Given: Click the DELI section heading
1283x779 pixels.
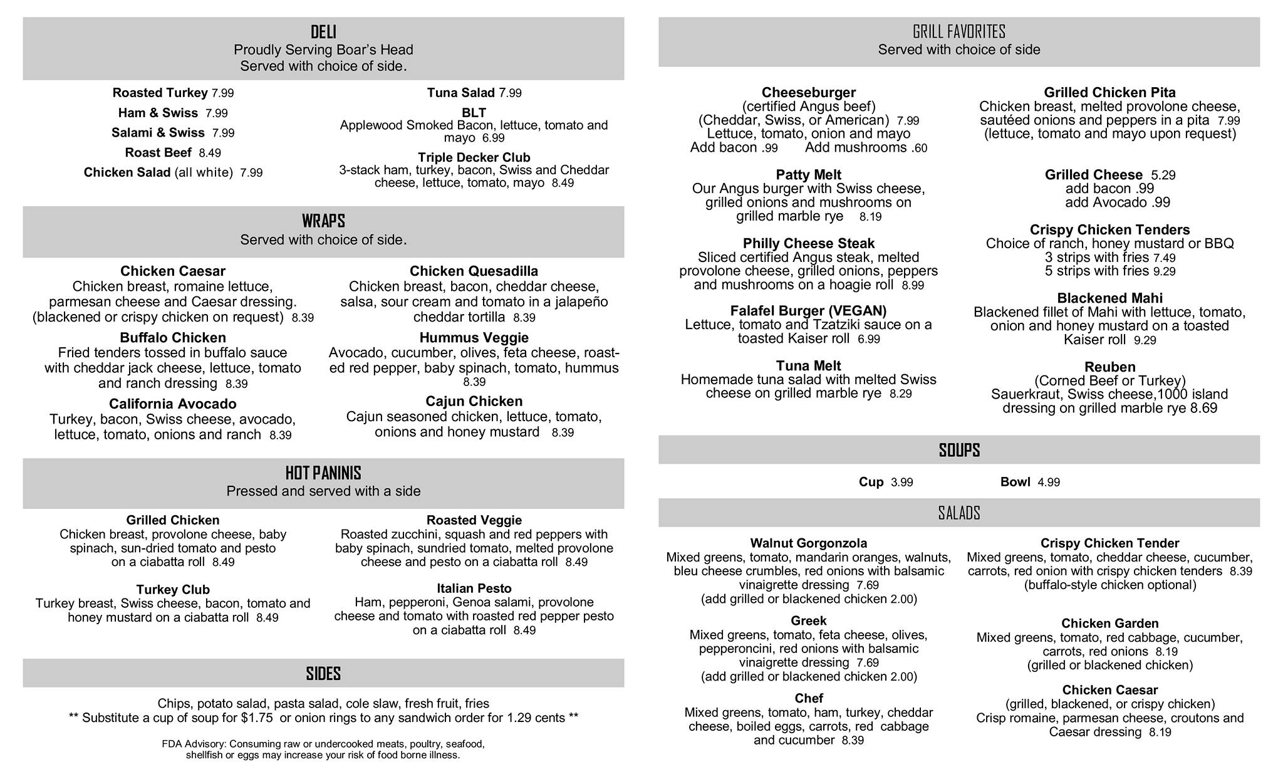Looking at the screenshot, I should [323, 32].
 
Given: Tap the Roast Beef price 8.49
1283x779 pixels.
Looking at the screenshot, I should [210, 153].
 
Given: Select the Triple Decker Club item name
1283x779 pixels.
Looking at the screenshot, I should [474, 157].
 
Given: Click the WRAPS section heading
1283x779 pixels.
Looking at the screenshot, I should [323, 221].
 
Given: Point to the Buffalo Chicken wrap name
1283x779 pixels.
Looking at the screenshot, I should [173, 338].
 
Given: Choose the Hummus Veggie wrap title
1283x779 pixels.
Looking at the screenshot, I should [474, 338].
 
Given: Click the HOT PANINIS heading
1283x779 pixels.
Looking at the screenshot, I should [323, 473].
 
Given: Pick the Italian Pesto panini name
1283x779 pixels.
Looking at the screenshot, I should [474, 588].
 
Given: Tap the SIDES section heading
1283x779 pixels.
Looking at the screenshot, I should [323, 674].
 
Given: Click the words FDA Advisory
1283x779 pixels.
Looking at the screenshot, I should [194, 744].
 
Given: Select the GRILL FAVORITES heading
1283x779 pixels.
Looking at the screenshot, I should [958, 32].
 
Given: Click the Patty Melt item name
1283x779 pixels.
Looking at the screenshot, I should [808, 175].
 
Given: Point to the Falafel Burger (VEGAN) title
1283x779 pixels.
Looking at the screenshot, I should [808, 311].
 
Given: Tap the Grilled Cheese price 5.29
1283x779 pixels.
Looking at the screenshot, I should [1163, 175].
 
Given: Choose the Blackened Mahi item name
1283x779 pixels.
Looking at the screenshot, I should [1109, 298].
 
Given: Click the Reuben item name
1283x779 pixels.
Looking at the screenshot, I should [1109, 367].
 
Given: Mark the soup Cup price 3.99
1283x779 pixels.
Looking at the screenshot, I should [901, 483].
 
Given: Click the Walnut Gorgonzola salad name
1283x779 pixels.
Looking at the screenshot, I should [808, 543].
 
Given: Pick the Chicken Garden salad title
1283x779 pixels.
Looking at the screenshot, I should [1109, 624].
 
